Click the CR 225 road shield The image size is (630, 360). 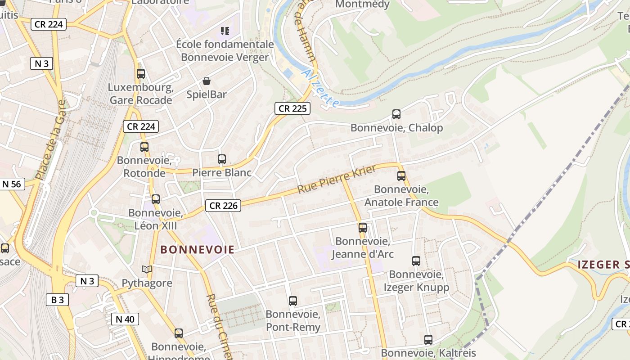coord(292,108)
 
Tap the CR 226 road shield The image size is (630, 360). coord(223,206)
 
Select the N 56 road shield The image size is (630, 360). coord(11,184)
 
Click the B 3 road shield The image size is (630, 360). coord(57,300)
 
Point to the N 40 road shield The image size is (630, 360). coord(125,319)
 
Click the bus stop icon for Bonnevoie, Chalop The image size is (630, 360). coord(396,114)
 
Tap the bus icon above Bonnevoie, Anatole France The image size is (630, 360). coord(401,176)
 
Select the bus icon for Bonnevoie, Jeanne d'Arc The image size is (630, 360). coord(363,228)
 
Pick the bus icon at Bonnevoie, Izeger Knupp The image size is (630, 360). coord(416,261)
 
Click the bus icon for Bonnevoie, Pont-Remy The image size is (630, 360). coord(293,301)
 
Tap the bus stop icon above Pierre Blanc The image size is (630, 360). coord(222,159)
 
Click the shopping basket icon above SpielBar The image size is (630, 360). coord(207,81)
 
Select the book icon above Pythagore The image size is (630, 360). coord(147,270)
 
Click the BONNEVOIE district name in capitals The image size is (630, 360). coord(198,250)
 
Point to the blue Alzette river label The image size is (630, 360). coord(320,88)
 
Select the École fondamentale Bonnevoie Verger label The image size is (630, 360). coord(225,51)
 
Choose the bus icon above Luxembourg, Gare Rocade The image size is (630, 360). coord(141,74)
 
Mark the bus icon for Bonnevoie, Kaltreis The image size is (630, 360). coord(428,340)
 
